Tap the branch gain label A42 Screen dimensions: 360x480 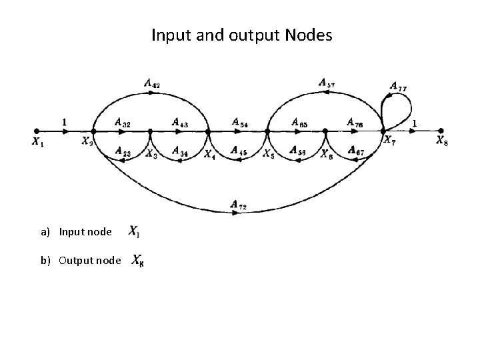pyautogui.click(x=151, y=84)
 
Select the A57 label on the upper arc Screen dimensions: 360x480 pyautogui.click(x=327, y=83)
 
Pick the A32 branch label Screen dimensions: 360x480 pyautogui.click(x=122, y=123)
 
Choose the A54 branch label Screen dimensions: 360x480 pyautogui.click(x=240, y=122)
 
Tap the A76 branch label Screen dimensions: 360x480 pyautogui.click(x=354, y=123)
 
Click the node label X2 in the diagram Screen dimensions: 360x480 pyautogui.click(x=87, y=141)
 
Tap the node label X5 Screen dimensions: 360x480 pyautogui.click(x=268, y=154)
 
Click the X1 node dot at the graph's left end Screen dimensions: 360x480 pyautogui.click(x=36, y=131)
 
